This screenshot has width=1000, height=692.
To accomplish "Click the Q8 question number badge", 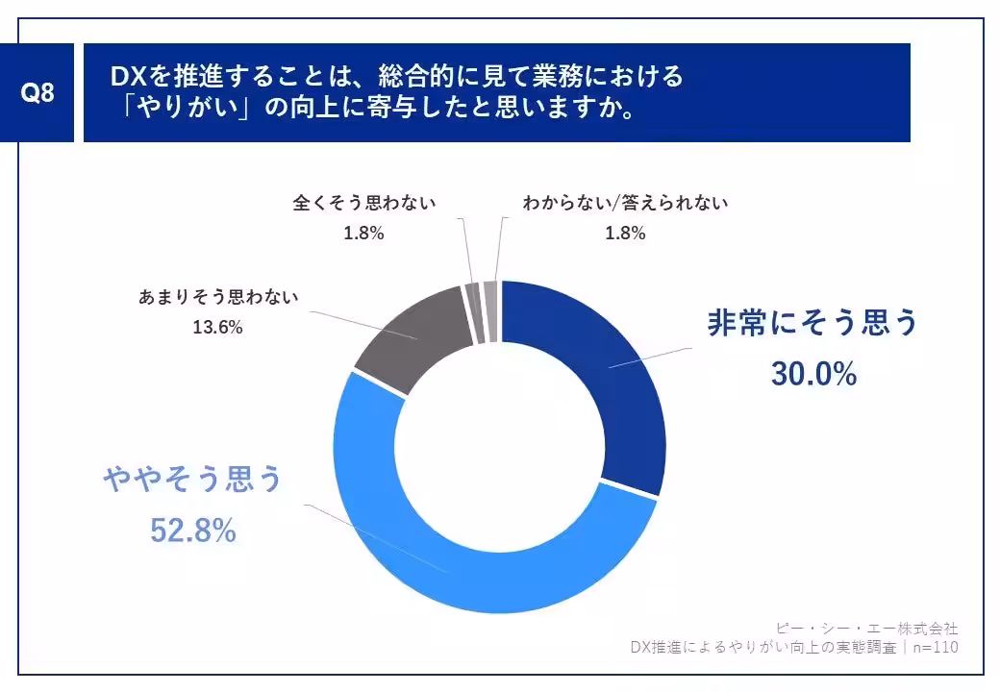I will pos(37,93).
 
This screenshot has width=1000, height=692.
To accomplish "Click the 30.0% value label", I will pos(813,375).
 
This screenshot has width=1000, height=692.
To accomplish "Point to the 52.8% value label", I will pos(193,530).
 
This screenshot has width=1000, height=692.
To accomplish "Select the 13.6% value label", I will pos(218,328).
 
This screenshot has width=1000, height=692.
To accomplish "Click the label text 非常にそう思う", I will pos(813,323).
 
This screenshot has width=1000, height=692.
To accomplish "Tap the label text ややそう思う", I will pos(193,479).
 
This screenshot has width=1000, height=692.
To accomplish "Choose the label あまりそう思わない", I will pos(218,297).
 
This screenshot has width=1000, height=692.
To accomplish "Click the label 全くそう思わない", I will pos(364,203).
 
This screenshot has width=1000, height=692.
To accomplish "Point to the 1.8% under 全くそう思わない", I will pos(364,233).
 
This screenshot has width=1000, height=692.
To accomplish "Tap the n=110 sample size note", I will pos(933,648).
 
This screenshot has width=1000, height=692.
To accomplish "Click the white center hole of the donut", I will pos(499,448).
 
